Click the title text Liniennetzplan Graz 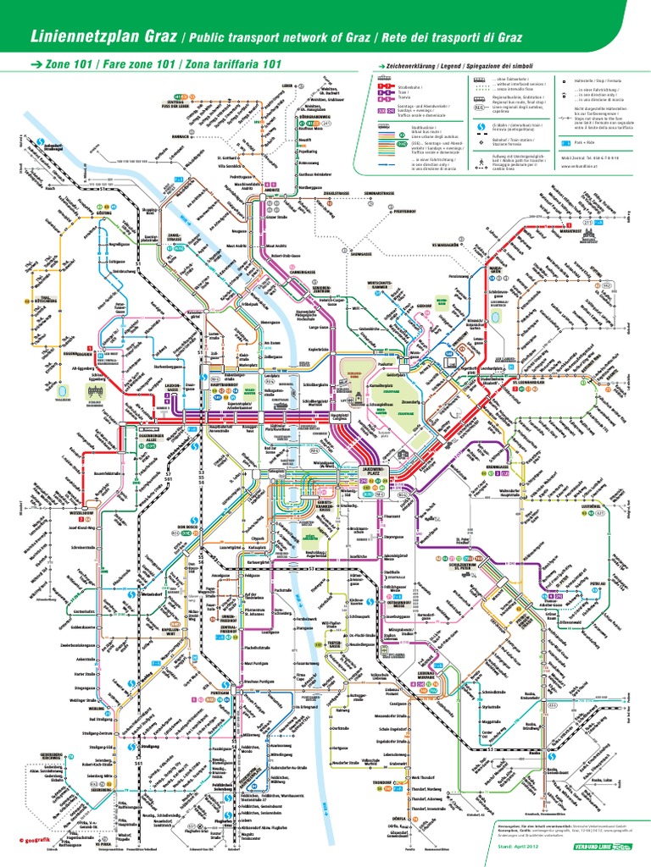92,37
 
